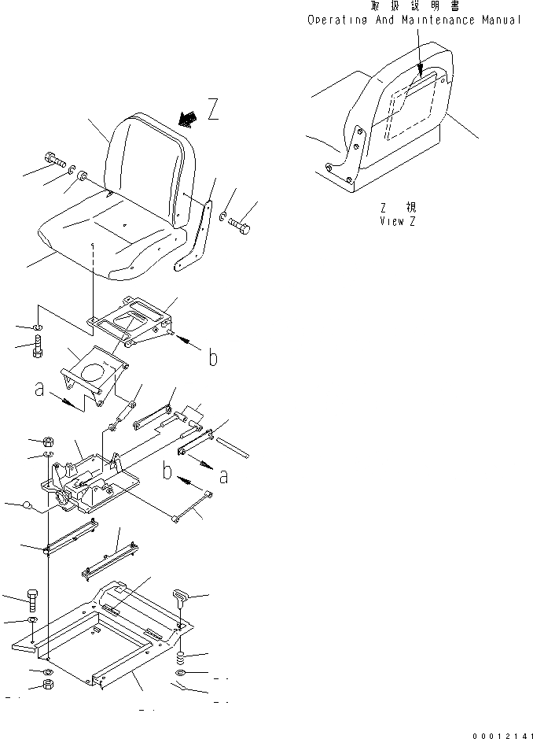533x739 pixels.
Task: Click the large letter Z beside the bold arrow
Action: click(212, 108)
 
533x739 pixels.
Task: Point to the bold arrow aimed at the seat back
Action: click(188, 118)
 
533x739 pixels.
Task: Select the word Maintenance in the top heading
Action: click(436, 20)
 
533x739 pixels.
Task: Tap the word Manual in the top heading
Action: click(501, 20)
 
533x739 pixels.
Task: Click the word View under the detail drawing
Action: click(391, 221)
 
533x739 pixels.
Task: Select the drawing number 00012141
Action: click(503, 734)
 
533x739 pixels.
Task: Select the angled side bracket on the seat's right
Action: click(197, 236)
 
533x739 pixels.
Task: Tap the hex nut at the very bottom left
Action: click(47, 691)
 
